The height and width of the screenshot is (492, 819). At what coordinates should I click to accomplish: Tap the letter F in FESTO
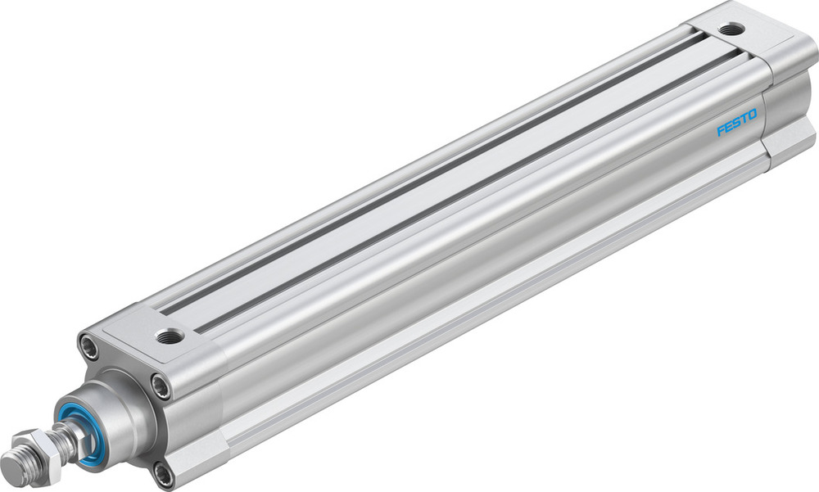point(721,131)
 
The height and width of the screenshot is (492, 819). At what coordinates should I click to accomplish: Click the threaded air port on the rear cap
point(729,29)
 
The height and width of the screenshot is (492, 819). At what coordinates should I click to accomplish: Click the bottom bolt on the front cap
point(162,473)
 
